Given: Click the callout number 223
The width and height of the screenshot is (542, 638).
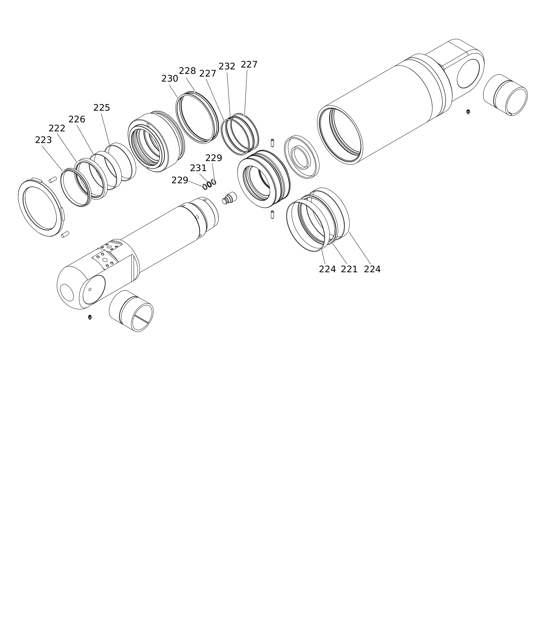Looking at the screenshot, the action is pos(43,140).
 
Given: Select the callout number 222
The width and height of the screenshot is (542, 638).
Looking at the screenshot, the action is pos(57,128).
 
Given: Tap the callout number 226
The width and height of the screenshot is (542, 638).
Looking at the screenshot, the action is pos(77,119).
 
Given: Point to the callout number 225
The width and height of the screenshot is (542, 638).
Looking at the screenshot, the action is pos(102,108).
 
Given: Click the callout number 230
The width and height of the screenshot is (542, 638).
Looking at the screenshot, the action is pos(170,79).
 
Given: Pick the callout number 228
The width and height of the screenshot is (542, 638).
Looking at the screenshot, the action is pos(187,71).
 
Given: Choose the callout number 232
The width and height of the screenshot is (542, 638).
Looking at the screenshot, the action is pos(227,66).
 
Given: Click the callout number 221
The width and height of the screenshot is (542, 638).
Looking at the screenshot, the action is pos(349,269).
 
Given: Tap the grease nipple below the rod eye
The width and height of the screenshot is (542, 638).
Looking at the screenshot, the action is pos(90,317).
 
